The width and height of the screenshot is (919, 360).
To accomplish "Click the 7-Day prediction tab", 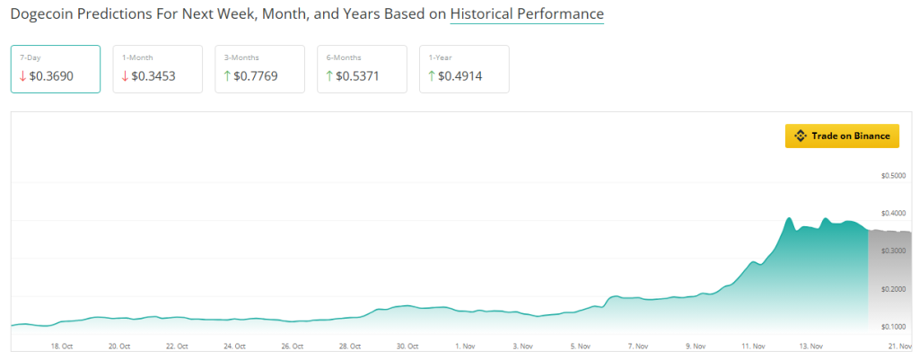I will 56,69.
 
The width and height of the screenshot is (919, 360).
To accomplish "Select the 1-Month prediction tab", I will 158,69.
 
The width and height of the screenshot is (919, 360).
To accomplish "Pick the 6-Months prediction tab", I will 362,69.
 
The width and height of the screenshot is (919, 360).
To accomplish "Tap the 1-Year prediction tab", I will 464,69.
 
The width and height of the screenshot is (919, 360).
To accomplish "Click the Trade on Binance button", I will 842,136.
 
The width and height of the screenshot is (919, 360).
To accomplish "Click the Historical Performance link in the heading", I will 527,14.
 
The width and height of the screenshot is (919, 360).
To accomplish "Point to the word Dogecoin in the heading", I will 44,14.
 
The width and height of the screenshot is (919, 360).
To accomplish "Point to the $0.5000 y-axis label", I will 894,176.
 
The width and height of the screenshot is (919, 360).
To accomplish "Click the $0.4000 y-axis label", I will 894,214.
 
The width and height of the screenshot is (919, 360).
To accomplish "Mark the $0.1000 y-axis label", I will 894,327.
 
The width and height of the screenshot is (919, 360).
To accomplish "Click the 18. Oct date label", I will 62,346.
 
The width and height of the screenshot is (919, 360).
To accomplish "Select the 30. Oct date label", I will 407,346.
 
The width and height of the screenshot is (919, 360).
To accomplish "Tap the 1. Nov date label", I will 465,346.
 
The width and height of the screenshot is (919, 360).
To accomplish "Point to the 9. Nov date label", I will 696,346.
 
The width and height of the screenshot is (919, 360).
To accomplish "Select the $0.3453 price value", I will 153,76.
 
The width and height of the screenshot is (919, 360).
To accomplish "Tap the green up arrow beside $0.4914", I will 432,76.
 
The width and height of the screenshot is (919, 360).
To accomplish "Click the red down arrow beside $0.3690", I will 23,76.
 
